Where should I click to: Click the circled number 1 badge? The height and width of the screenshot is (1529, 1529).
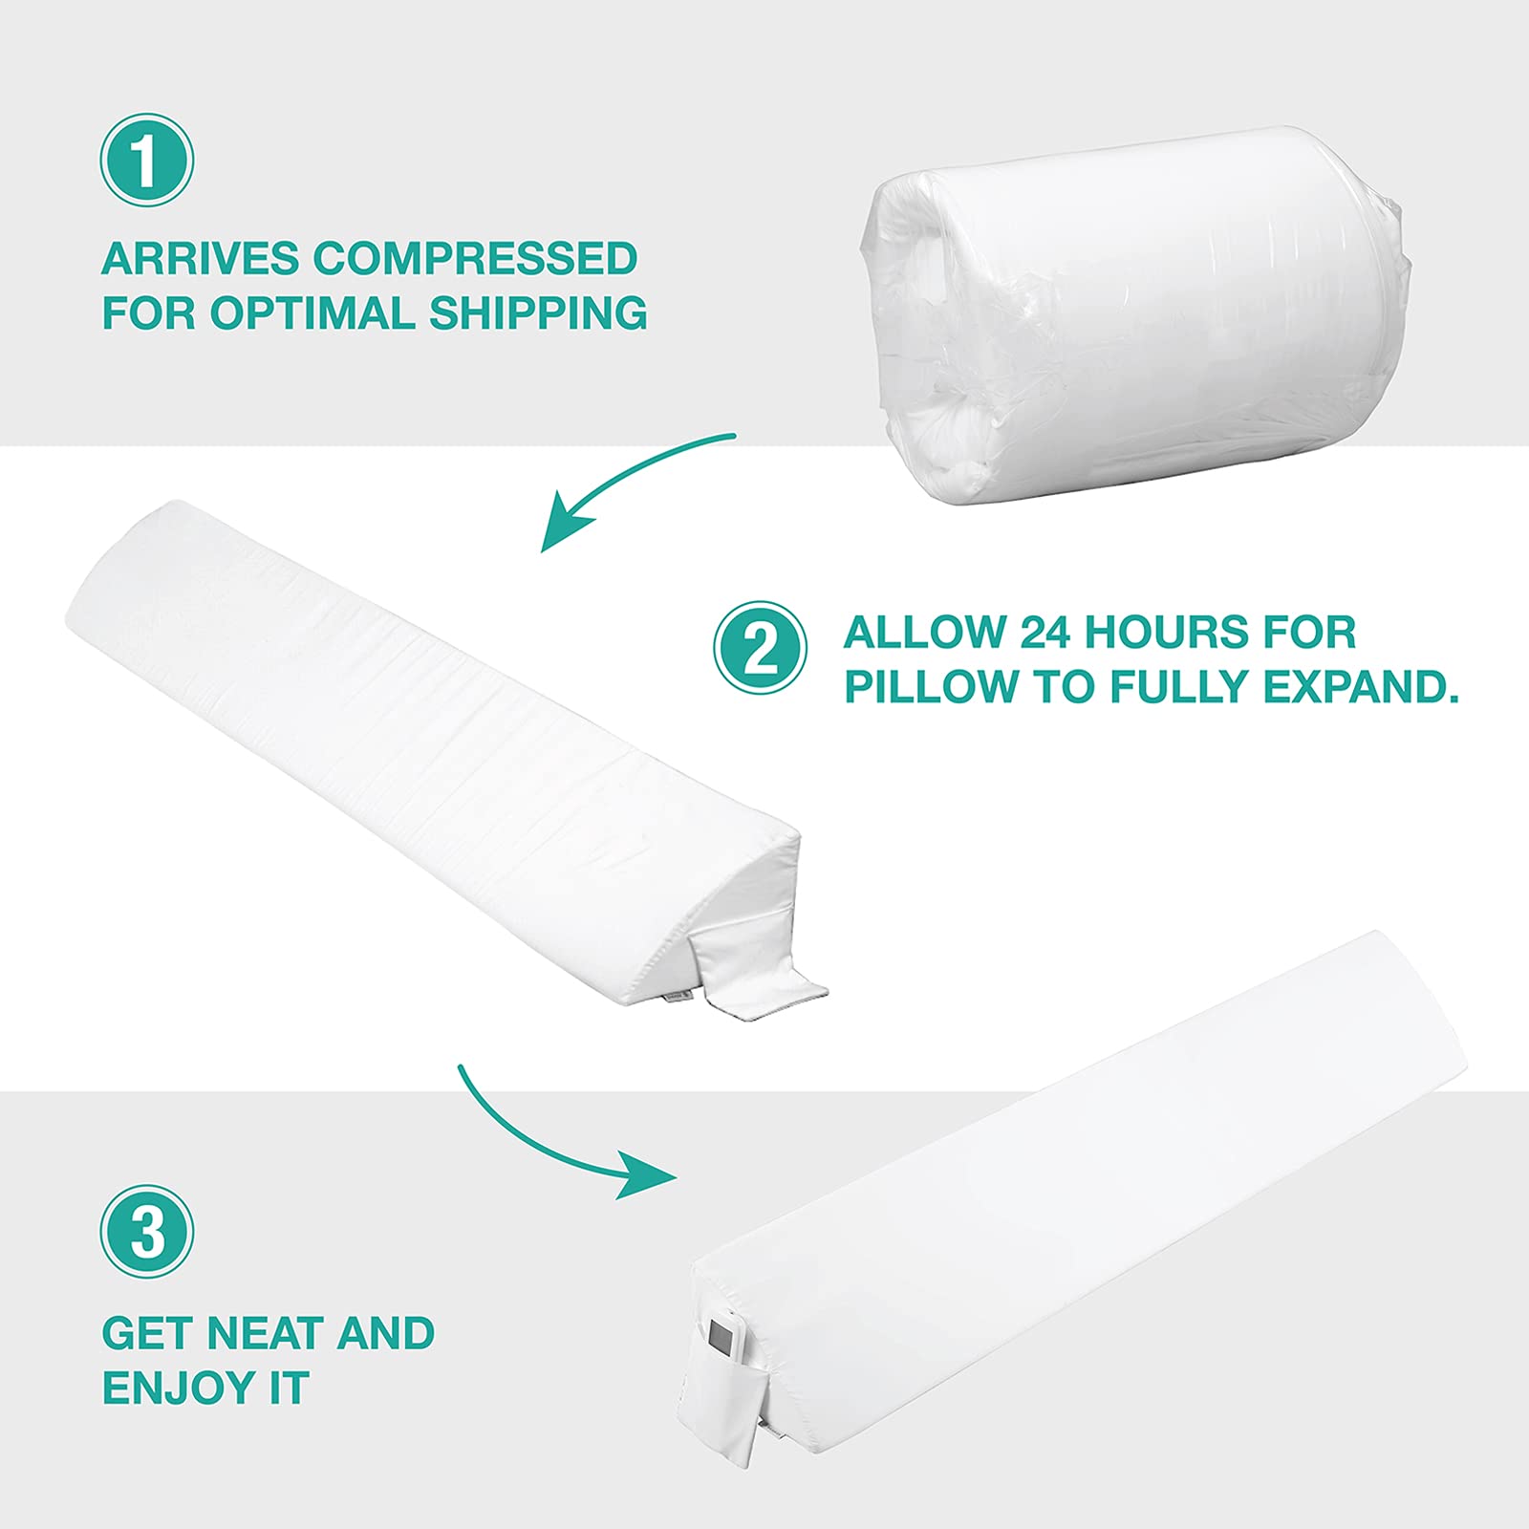point(147,161)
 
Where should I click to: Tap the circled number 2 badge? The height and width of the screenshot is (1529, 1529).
point(761,647)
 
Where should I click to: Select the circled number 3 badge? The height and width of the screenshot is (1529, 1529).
point(147,1232)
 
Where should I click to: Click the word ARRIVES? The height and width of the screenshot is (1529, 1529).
point(200,259)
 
